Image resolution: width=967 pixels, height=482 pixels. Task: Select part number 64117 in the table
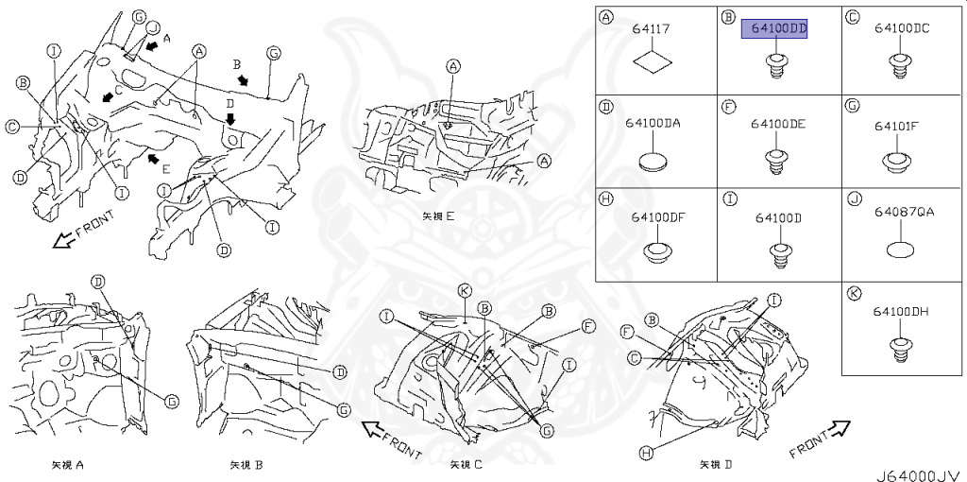point(652,29)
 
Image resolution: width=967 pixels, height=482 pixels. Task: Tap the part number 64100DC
point(901,29)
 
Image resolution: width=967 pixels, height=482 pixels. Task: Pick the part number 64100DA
point(652,123)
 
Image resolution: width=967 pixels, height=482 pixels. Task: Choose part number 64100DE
point(778,124)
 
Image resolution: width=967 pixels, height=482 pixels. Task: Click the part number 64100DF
point(652,217)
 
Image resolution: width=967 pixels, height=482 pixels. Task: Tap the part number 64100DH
point(901,311)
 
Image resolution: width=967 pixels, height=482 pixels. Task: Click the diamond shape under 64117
point(652,64)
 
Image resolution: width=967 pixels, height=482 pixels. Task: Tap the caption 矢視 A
point(69,465)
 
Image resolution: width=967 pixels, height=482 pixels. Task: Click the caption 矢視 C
point(467,465)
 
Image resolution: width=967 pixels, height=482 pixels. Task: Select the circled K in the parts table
point(854,294)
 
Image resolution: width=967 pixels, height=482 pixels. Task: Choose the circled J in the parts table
point(854,200)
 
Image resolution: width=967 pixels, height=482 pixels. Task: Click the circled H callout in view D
point(646,454)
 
